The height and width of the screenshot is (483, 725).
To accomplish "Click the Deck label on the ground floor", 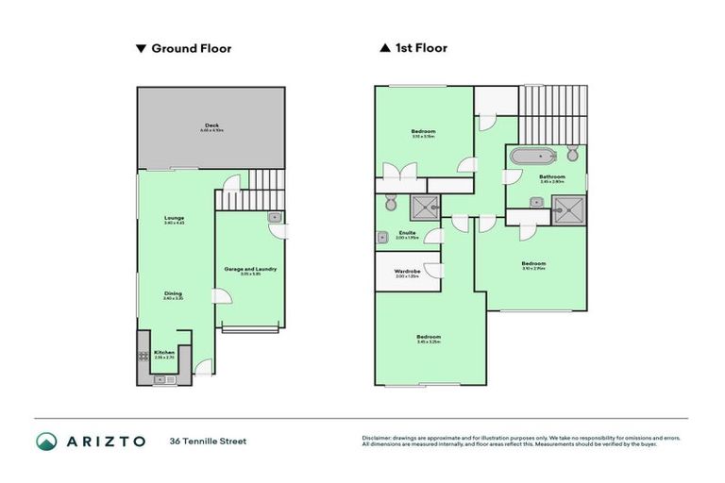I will pyautogui.click(x=212, y=125).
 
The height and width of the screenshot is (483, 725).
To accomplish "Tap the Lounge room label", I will pyautogui.click(x=174, y=219).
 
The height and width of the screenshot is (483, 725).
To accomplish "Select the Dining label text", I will pyautogui.click(x=172, y=293).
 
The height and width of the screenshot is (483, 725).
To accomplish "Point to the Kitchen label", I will pyautogui.click(x=164, y=353).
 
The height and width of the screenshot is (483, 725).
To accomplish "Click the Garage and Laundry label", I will pyautogui.click(x=250, y=270).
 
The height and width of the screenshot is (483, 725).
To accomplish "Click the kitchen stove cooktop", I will pyautogui.click(x=144, y=356).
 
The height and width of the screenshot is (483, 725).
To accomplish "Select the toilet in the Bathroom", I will pyautogui.click(x=572, y=154).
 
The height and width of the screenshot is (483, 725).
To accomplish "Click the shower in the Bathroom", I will pyautogui.click(x=568, y=210).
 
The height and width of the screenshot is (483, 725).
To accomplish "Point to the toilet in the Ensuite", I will pyautogui.click(x=391, y=202).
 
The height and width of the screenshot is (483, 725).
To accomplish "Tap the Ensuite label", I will pyautogui.click(x=408, y=232).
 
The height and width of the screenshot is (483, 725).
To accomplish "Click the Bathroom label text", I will pyautogui.click(x=552, y=176).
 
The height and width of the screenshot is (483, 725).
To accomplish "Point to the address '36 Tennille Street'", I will pyautogui.click(x=208, y=441).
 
